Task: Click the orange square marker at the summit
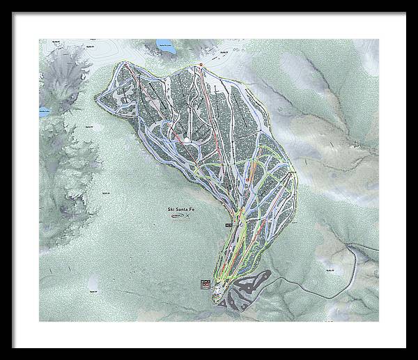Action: (x=200, y=65)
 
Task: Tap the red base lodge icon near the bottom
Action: (x=206, y=283)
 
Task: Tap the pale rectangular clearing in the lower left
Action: (x=93, y=282)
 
